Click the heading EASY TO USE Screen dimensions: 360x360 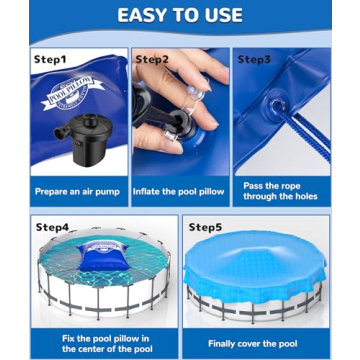click(180, 15)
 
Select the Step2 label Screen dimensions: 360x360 click(153, 60)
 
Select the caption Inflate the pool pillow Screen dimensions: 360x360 click(179, 187)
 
